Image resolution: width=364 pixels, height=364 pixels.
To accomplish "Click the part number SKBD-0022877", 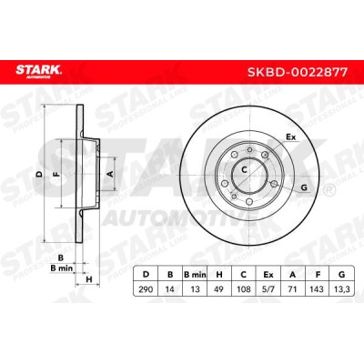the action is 298,72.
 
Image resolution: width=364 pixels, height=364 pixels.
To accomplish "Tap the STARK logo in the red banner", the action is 38,72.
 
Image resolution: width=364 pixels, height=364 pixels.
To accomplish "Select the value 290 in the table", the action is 146,289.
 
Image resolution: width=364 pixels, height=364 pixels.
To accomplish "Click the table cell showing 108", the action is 244,289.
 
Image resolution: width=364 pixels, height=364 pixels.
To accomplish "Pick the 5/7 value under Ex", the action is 268,289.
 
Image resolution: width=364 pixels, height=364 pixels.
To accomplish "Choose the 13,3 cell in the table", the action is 342,289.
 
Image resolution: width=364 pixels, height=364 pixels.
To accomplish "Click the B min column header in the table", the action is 195,275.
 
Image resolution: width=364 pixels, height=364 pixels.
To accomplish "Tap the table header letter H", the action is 219,275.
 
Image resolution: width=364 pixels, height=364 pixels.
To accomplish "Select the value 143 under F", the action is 317,289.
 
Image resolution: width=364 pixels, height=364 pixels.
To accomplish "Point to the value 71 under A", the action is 292,289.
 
